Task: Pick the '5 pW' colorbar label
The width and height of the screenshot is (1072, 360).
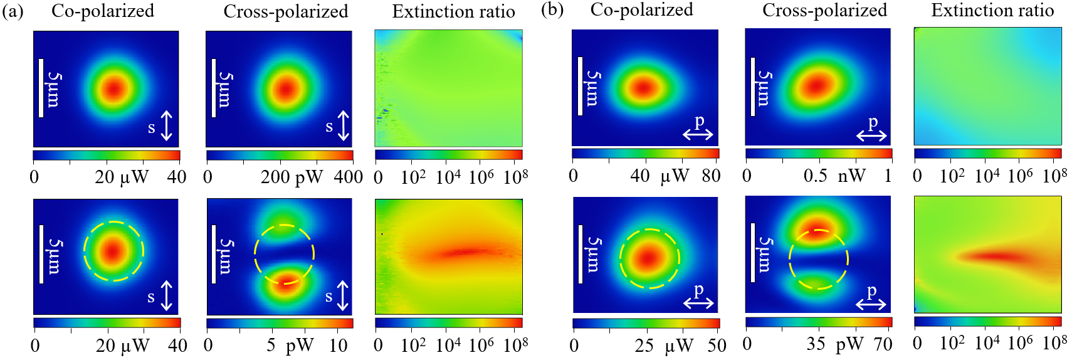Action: pos(292,345)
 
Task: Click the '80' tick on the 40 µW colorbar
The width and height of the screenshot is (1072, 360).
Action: pos(711,176)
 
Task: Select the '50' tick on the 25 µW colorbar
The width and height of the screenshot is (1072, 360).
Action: pos(717,345)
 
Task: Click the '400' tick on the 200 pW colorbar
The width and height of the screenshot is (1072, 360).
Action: pos(349,177)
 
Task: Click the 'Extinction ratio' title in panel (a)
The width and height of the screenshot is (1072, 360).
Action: pos(454,12)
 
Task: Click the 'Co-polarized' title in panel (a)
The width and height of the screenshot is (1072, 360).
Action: pos(103,11)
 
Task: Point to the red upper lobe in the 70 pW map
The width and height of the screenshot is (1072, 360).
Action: pos(818,229)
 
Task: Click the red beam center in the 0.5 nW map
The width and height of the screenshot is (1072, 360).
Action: pos(817,86)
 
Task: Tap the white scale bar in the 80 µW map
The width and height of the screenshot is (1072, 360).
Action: pos(580,86)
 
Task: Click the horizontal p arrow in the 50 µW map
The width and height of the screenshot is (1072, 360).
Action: pos(698,303)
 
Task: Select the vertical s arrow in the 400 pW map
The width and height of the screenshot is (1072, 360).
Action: pos(343,126)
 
